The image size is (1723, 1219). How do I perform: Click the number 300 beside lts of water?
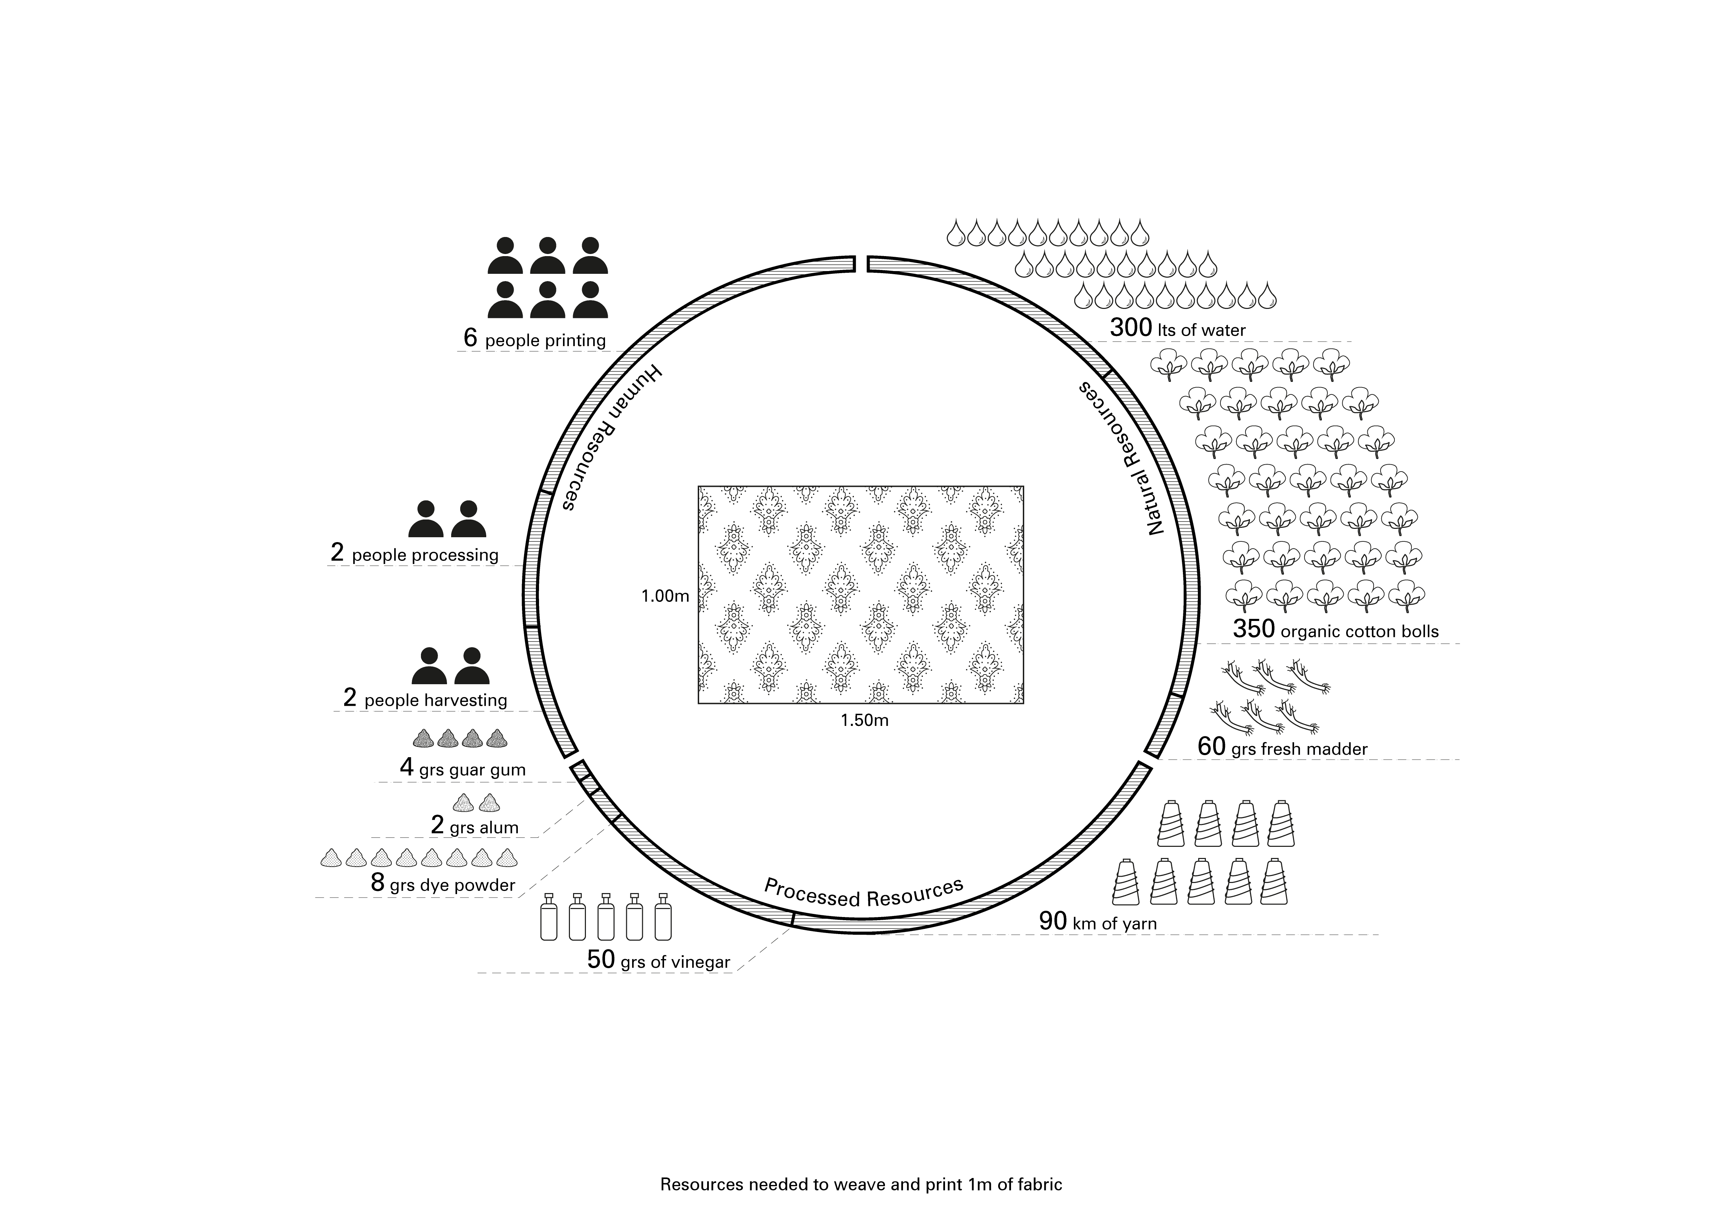coord(1130,328)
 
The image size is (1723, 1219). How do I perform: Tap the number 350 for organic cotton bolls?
coord(1253,629)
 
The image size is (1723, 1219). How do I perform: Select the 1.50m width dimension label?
coord(864,721)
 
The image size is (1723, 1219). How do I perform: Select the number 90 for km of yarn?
coord(1053,921)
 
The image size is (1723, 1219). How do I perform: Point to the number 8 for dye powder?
coord(378,883)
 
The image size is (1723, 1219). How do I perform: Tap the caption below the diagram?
coord(861,1185)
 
